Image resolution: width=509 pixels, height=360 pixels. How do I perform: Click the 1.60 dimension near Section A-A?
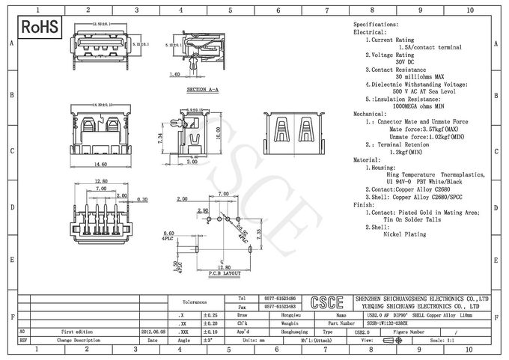pos(174,74)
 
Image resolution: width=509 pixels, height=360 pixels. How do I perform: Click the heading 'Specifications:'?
pos(375,25)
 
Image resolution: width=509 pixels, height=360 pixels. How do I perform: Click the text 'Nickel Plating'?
pos(403,234)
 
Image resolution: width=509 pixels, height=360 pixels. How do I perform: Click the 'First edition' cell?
pos(76,330)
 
